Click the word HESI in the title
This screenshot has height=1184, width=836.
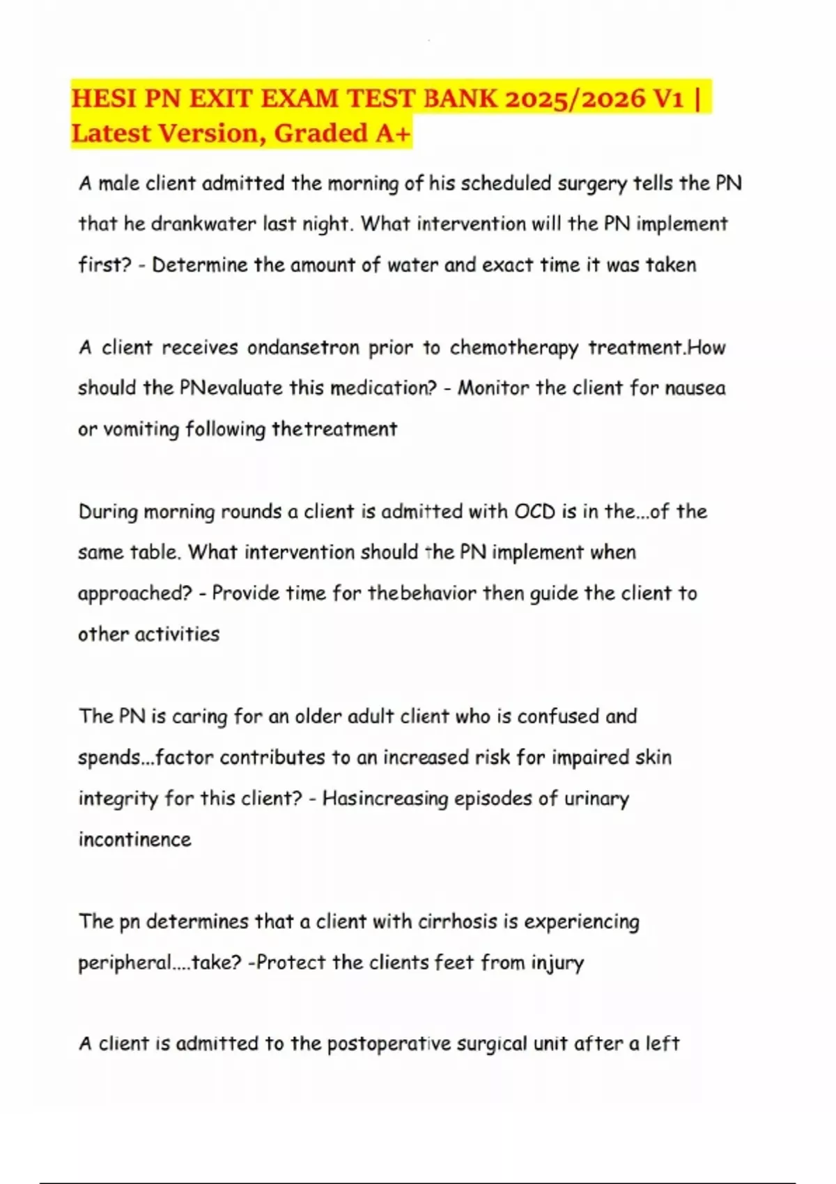(x=104, y=98)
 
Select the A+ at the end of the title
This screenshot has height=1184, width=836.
(x=393, y=132)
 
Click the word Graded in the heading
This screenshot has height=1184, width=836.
(x=321, y=132)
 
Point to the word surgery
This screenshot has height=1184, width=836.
(x=593, y=184)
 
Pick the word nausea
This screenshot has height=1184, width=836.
(x=695, y=388)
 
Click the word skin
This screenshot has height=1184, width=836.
(x=653, y=758)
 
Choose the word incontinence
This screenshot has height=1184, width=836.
(x=134, y=839)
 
